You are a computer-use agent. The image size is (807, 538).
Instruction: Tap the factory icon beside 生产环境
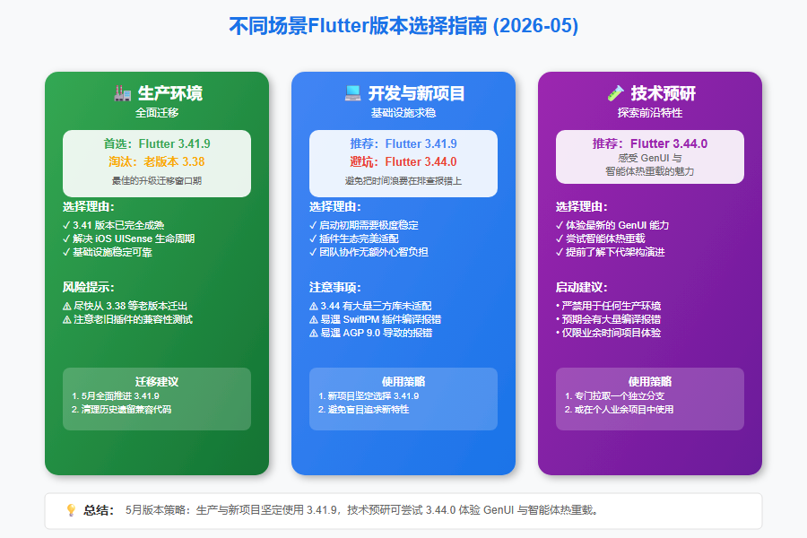click(x=123, y=93)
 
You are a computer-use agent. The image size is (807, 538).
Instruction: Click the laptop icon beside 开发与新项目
click(x=352, y=93)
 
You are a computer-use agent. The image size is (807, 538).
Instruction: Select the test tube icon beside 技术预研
click(x=615, y=93)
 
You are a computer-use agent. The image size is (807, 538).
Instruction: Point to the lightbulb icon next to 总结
click(x=71, y=510)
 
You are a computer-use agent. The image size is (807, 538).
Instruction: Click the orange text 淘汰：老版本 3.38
click(x=156, y=161)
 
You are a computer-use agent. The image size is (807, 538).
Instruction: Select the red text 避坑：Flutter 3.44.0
click(x=403, y=161)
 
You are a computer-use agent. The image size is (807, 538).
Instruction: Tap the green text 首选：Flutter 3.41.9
click(x=156, y=143)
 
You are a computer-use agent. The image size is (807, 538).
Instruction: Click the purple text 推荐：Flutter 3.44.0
click(x=649, y=143)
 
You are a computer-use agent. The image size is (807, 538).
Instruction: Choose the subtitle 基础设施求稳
click(x=403, y=113)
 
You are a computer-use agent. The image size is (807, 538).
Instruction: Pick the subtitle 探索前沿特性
click(x=649, y=113)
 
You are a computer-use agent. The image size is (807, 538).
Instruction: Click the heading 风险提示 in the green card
click(x=89, y=287)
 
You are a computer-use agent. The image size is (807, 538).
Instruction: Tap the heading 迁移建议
click(x=156, y=381)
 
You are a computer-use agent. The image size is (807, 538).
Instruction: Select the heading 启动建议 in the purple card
click(x=582, y=287)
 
